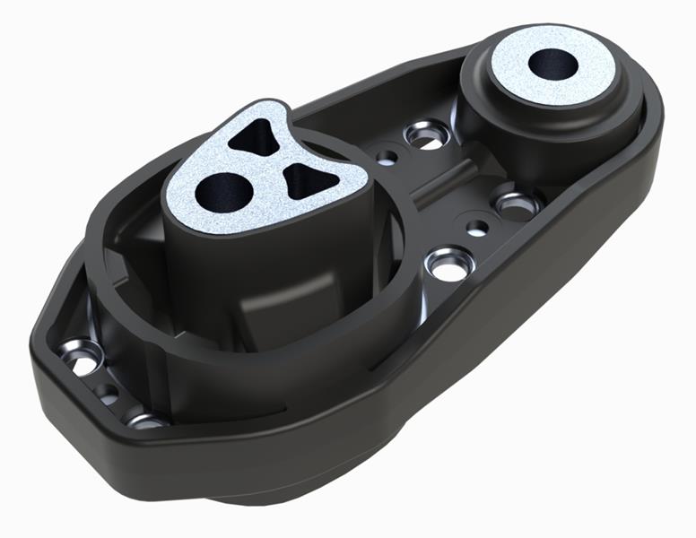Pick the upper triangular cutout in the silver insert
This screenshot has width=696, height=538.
pos(256,136)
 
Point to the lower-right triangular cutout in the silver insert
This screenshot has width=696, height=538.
pos(303,182)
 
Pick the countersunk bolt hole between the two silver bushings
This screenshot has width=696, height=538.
pos(422,135)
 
